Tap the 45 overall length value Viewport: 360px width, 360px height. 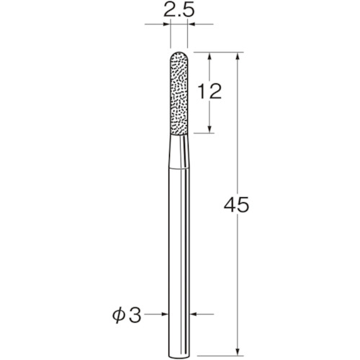(x=238, y=204)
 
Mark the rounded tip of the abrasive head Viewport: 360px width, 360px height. (x=179, y=54)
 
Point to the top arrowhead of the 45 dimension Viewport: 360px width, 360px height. (x=238, y=56)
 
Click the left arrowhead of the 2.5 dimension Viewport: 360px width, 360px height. (x=167, y=26)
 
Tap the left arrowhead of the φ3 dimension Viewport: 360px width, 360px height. (x=165, y=314)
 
